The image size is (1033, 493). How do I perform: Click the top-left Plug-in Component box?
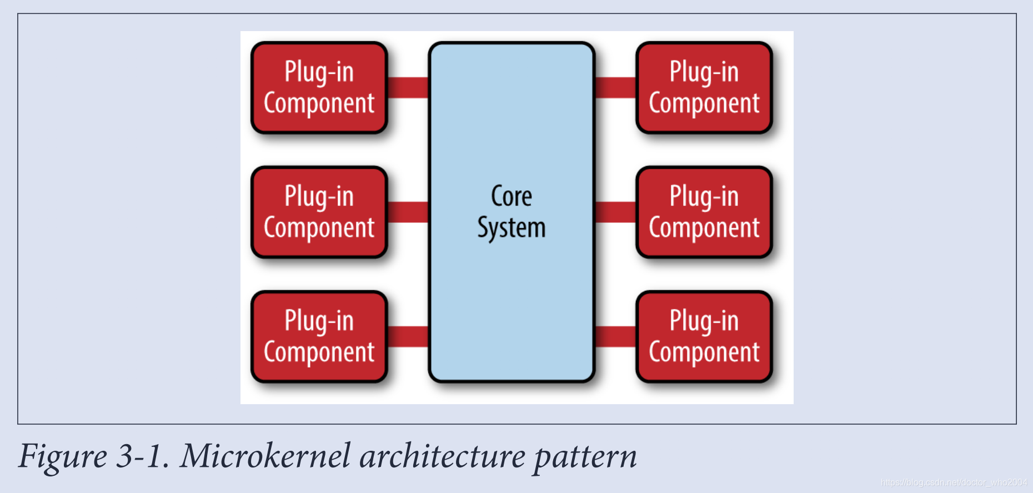click(319, 88)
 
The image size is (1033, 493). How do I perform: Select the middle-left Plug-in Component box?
click(319, 212)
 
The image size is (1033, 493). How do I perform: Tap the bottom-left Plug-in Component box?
click(319, 336)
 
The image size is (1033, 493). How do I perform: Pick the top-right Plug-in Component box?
click(704, 88)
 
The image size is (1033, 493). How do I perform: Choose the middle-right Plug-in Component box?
click(704, 212)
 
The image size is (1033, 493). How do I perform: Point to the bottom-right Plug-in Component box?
click(704, 336)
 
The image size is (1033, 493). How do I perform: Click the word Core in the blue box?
click(512, 197)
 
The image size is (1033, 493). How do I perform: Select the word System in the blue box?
click(512, 228)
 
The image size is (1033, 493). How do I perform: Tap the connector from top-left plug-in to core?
click(408, 87)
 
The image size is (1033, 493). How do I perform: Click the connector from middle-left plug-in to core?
click(408, 212)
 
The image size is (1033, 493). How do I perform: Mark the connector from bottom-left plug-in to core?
click(408, 336)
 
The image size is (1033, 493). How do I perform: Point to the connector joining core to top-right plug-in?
click(615, 87)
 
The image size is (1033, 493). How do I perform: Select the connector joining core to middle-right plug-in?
click(615, 212)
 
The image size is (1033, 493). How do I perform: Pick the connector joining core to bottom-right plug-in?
click(615, 336)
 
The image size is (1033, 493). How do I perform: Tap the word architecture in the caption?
click(442, 456)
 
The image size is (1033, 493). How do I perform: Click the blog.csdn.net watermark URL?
click(954, 482)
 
